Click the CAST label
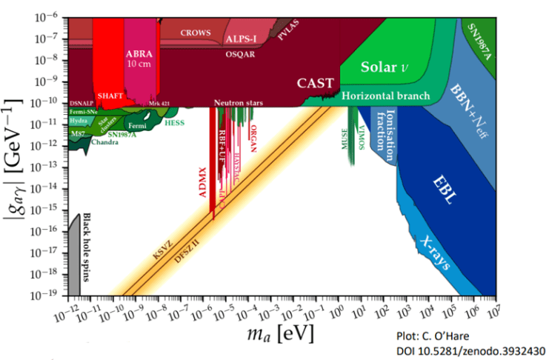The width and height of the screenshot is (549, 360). pos(316,82)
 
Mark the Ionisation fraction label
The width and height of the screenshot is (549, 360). pos(388,130)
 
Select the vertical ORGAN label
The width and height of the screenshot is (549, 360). pos(253,138)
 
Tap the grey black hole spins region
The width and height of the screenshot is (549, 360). pos(74,259)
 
